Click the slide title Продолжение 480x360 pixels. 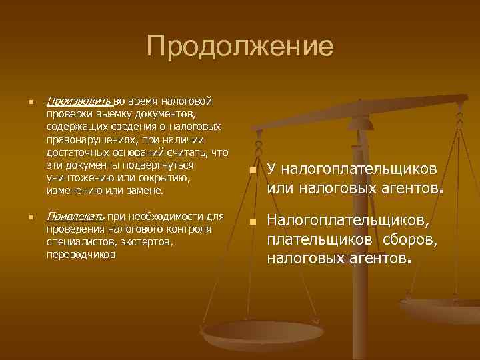[x=240, y=47]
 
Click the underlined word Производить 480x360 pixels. [x=79, y=101]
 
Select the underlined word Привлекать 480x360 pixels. [x=77, y=216]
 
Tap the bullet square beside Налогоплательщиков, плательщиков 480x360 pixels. [x=253, y=221]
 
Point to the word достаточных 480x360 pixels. [x=78, y=152]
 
